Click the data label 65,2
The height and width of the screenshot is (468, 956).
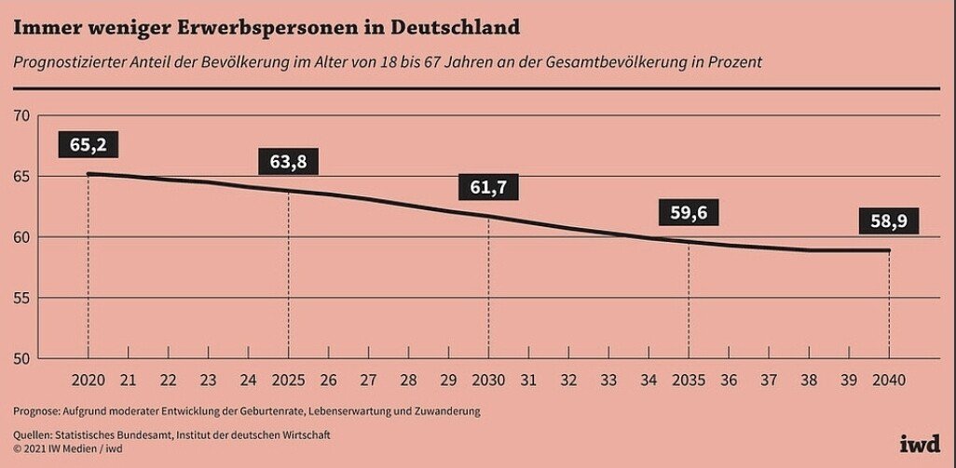pos(88,144)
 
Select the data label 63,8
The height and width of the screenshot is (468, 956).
pos(288,162)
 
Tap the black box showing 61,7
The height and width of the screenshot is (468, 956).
pos(488,187)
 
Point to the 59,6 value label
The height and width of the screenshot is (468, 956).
pos(689,213)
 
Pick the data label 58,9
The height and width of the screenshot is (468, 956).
pos(888,223)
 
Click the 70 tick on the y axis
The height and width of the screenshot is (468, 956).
pos(21,115)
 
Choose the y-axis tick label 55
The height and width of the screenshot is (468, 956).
pos(21,298)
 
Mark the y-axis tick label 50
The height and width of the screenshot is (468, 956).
pos(21,358)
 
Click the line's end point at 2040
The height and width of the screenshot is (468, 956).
pos(888,250)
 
